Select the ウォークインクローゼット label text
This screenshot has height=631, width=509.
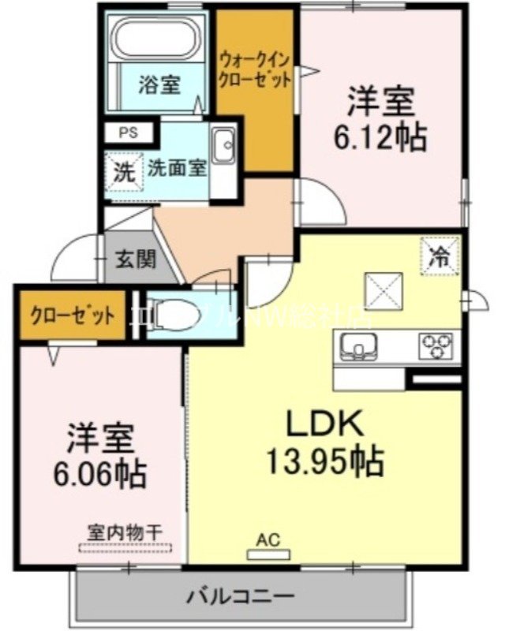255,69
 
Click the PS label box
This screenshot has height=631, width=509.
127,133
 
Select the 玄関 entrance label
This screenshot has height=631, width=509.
137,259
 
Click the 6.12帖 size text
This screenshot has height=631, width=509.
381,137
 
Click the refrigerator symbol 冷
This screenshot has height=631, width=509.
440,255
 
